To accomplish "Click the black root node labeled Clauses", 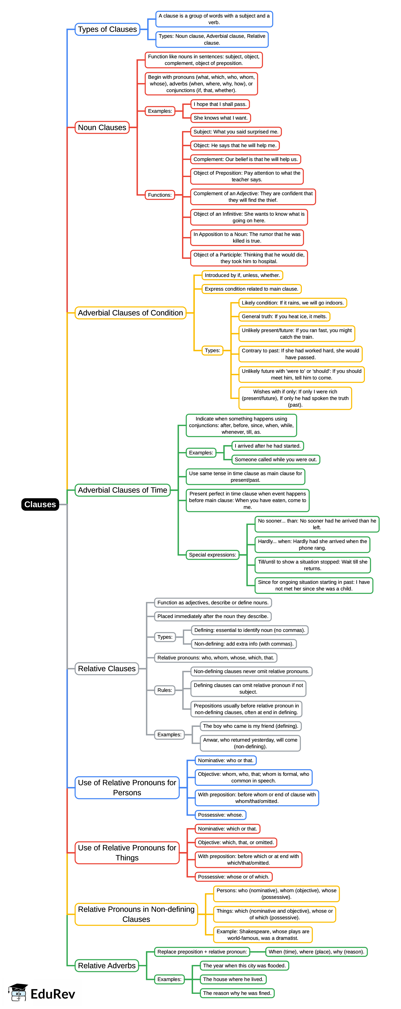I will [40, 504].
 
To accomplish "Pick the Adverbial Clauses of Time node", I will [122, 490].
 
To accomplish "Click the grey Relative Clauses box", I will [107, 669].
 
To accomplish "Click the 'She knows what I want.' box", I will [220, 118].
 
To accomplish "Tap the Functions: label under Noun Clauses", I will [160, 195].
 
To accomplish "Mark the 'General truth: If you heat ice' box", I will [284, 316].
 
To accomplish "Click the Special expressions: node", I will [212, 555].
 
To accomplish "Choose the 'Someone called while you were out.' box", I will [276, 460].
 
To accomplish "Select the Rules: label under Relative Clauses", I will [165, 690].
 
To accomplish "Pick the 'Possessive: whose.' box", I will [220, 815].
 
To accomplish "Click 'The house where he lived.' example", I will [233, 979].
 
